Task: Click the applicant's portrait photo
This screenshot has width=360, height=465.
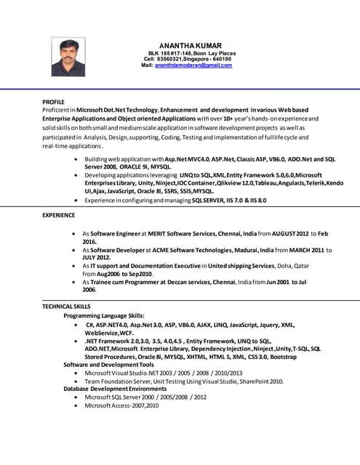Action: [68, 57]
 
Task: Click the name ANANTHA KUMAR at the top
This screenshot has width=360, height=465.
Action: [190, 46]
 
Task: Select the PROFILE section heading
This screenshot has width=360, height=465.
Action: [53, 102]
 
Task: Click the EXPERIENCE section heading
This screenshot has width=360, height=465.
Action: [58, 216]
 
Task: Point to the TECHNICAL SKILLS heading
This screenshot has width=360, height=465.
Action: [66, 307]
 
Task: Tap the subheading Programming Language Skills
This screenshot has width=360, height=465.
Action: [104, 316]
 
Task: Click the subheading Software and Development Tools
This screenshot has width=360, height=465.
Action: [108, 364]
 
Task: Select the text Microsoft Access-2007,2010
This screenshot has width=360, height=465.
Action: [121, 405]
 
